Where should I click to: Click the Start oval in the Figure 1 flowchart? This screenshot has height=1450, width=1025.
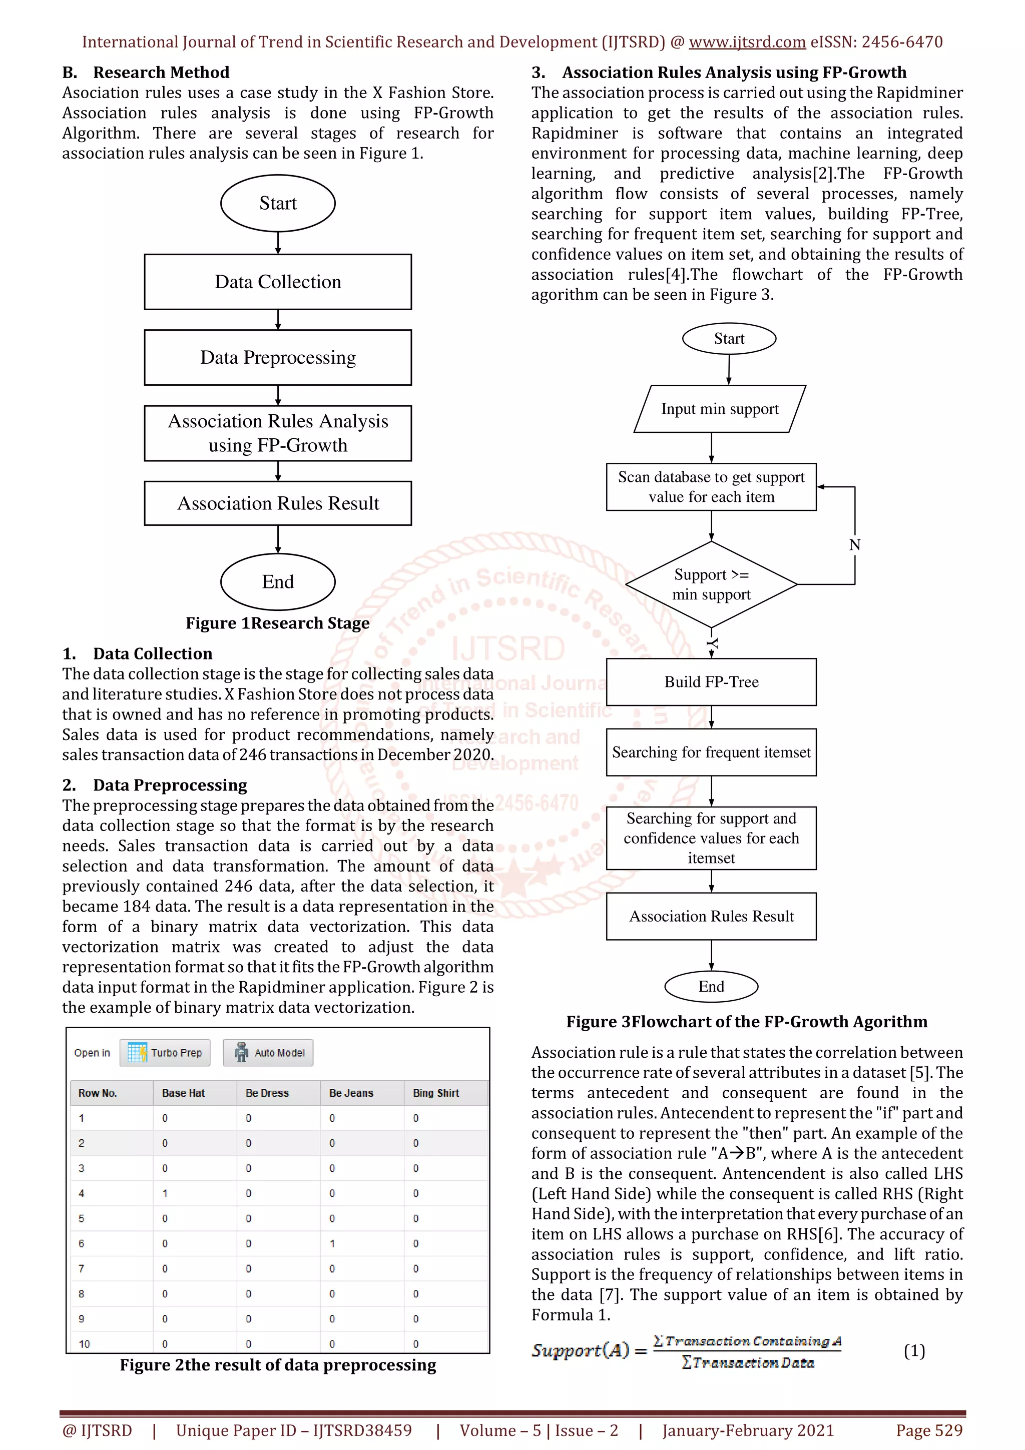tap(277, 203)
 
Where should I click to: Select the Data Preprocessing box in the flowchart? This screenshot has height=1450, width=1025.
tap(277, 357)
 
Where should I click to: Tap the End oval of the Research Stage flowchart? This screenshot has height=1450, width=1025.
tap(277, 581)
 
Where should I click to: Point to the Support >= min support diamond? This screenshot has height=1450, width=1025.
tap(711, 584)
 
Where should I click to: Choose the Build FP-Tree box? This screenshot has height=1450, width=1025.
tap(711, 682)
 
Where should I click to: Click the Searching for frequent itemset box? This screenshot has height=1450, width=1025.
tap(711, 752)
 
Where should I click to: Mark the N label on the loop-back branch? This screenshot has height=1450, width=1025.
tap(854, 544)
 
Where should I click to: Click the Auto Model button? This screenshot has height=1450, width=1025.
tap(268, 1053)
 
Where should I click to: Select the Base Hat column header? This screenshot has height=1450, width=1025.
tap(183, 1093)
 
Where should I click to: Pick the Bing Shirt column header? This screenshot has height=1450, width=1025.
tap(436, 1093)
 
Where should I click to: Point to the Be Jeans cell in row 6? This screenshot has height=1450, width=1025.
tap(333, 1243)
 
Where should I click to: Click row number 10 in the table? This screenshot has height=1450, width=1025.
tap(85, 1344)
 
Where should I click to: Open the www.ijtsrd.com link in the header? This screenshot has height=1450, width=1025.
tap(747, 43)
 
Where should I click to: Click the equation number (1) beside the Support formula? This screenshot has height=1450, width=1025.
tap(914, 1351)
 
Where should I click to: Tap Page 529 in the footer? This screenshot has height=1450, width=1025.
tap(929, 1430)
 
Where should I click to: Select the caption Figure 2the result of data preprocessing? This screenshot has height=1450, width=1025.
tap(278, 1365)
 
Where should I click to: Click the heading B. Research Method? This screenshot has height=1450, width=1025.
tap(146, 73)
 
